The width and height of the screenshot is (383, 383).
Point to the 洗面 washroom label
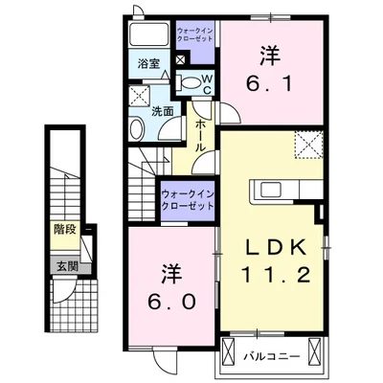[x=164, y=111]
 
